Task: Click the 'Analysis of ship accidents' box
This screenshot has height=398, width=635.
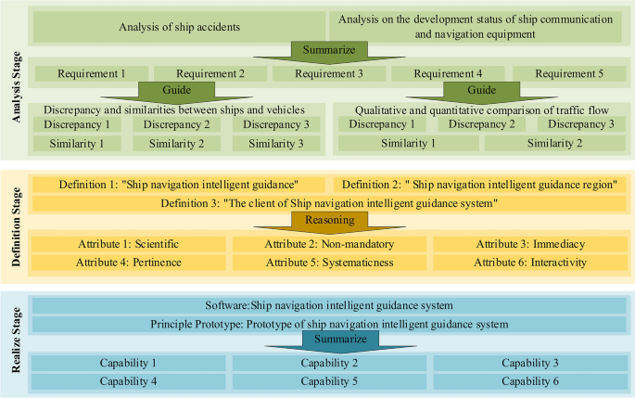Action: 180,26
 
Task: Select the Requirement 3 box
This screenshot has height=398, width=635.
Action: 329,72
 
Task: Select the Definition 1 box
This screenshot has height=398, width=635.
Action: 180,184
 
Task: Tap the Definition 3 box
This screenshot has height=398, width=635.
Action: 329,203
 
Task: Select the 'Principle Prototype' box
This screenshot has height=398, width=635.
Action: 329,325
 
